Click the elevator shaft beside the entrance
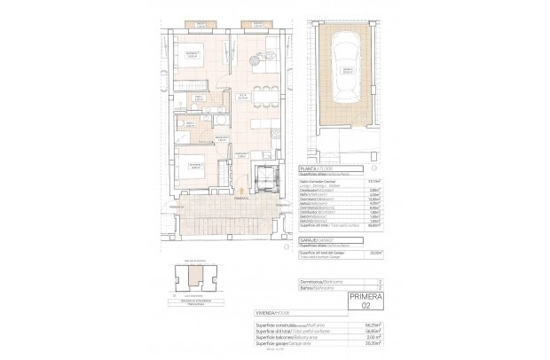coord(264,176)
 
